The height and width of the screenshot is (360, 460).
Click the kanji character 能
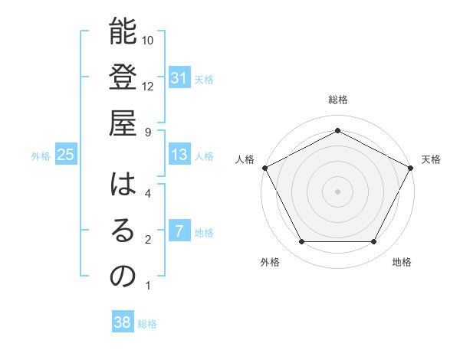pyautogui.click(x=123, y=32)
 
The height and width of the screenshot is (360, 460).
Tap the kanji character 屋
pyautogui.click(x=123, y=124)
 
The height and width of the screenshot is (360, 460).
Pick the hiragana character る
pyautogui.click(x=123, y=231)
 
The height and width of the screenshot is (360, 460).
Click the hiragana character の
pyautogui.click(x=123, y=277)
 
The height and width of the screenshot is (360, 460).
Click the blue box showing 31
pyautogui.click(x=179, y=78)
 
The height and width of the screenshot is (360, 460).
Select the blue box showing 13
pyautogui.click(x=179, y=155)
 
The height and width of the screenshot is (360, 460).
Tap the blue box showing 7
pyautogui.click(x=179, y=231)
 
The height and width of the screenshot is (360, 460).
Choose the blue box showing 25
pyautogui.click(x=66, y=155)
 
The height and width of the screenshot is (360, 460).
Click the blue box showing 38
pyautogui.click(x=123, y=322)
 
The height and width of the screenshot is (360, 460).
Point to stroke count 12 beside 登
pyautogui.click(x=148, y=86)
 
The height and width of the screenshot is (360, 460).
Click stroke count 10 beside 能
pyautogui.click(x=148, y=40)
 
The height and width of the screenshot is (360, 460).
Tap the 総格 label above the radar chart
pyautogui.click(x=337, y=100)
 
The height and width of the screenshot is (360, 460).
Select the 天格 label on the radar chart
pyautogui.click(x=431, y=159)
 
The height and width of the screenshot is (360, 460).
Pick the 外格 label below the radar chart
pyautogui.click(x=270, y=263)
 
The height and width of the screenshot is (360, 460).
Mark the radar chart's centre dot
pyautogui.click(x=337, y=191)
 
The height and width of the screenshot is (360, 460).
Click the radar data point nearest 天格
pyautogui.click(x=412, y=167)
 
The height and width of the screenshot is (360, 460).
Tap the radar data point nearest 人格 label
pyautogui.click(x=264, y=167)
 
